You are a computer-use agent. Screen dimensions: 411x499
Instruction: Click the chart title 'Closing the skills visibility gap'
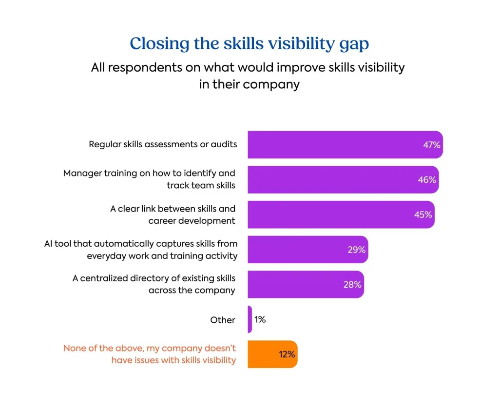[x=249, y=44]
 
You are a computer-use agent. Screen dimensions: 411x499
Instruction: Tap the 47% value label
[x=432, y=145]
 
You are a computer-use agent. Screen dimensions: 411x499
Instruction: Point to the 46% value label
[x=427, y=180]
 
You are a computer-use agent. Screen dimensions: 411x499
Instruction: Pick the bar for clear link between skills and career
[x=331, y=215]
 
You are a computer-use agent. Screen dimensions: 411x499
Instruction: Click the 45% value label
[x=423, y=215]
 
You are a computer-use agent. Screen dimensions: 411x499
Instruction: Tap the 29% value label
[x=356, y=250]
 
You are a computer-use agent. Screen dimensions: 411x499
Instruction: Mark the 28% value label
[x=352, y=285]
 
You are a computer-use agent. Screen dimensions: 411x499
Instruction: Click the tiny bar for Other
[x=249, y=319]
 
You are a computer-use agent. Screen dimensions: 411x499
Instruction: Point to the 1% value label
[x=260, y=319]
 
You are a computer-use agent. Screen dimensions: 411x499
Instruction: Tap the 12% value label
[x=287, y=354]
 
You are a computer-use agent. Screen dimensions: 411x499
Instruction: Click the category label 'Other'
[x=223, y=320]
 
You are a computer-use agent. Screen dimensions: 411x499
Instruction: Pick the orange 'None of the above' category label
[x=150, y=354]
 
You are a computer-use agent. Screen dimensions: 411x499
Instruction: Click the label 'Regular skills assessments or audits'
[x=163, y=145]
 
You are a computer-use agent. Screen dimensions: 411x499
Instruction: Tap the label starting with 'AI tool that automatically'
[x=141, y=250]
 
